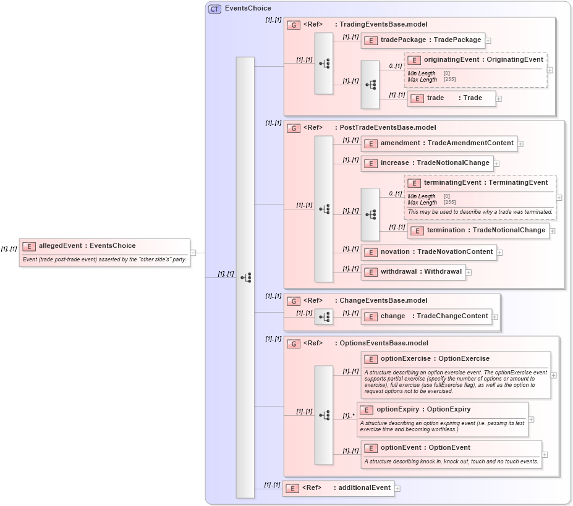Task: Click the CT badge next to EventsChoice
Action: click(x=214, y=9)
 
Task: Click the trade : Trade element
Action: click(x=452, y=98)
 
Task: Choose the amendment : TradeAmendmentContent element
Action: click(x=439, y=143)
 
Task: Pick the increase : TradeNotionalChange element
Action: click(x=427, y=163)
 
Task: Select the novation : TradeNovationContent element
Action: click(x=429, y=252)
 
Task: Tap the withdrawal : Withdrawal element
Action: click(x=414, y=272)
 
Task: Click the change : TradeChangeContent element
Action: click(x=427, y=316)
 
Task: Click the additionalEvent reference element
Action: click(x=338, y=488)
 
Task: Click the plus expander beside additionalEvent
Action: click(x=397, y=489)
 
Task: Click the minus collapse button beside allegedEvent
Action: click(x=193, y=252)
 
